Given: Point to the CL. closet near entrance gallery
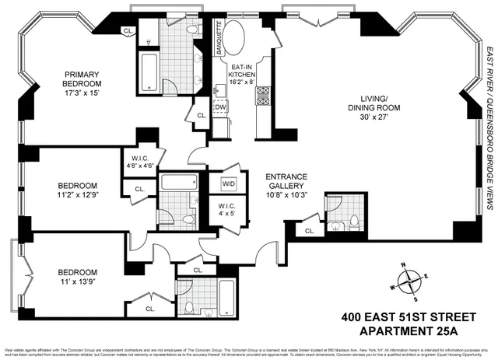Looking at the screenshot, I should [x=309, y=231].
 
